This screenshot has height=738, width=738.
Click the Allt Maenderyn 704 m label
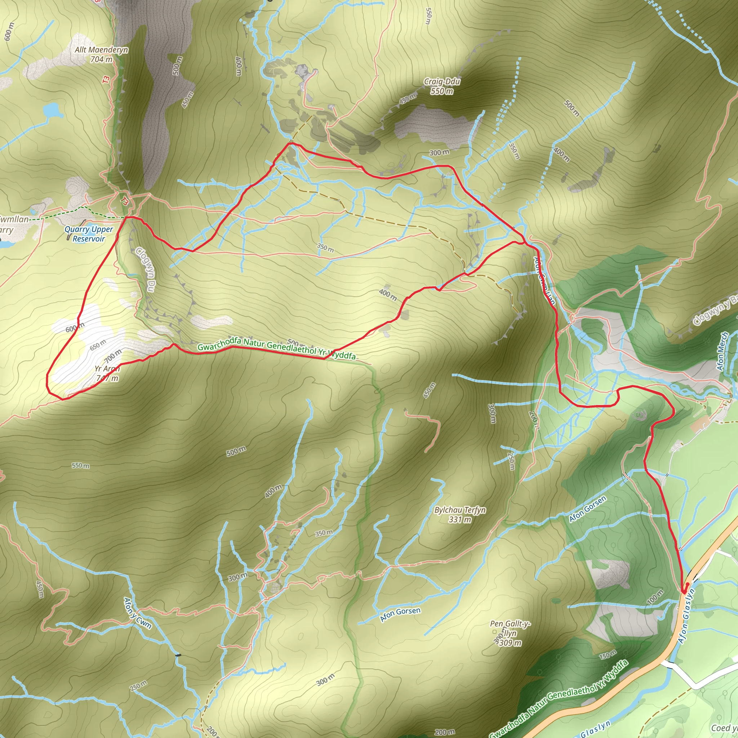(101, 54)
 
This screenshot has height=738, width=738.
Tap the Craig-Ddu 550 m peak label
(442, 86)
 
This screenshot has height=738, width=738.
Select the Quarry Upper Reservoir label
(89, 234)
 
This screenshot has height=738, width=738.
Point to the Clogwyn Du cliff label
(146, 269)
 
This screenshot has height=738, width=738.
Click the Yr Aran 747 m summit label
(107, 373)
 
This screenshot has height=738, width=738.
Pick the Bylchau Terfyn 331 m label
(460, 515)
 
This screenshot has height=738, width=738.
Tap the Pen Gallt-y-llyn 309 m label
(510, 633)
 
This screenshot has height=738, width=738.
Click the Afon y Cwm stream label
(138, 613)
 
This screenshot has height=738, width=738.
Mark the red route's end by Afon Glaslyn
(683, 592)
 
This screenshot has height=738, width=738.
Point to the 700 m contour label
(113, 356)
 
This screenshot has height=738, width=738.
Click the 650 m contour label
(98, 344)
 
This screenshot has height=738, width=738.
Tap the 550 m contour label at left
(81, 466)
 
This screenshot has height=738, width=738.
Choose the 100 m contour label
(655, 597)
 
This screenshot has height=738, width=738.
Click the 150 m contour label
(607, 655)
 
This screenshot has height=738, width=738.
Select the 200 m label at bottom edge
(445, 732)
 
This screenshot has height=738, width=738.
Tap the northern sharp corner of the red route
(292, 143)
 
